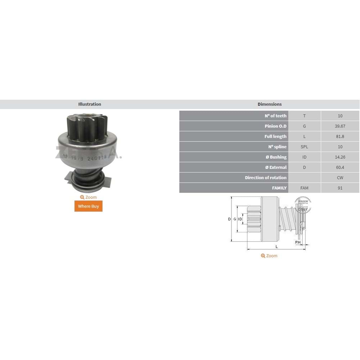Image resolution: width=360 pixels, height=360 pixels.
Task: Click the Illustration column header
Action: (x=90, y=104)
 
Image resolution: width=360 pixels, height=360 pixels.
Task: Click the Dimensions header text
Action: (x=269, y=104)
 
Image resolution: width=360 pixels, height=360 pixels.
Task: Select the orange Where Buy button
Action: (x=89, y=206)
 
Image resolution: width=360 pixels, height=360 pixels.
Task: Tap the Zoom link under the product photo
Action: (x=89, y=197)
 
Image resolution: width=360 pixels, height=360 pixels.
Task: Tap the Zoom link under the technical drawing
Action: (x=269, y=256)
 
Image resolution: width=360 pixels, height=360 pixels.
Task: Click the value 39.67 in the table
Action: (x=340, y=126)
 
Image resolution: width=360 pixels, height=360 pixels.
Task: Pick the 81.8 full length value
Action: (x=340, y=136)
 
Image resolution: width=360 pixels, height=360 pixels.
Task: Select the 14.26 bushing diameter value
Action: (x=340, y=157)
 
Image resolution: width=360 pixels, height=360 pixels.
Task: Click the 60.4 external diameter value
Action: (x=340, y=167)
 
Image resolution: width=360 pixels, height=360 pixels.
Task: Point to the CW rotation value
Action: (x=340, y=177)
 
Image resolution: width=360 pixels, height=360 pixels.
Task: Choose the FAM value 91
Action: (x=340, y=188)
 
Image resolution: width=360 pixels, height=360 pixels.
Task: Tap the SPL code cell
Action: (x=304, y=147)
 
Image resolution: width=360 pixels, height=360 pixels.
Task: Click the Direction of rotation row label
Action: (x=266, y=177)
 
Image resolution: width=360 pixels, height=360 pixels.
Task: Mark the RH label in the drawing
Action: (x=298, y=242)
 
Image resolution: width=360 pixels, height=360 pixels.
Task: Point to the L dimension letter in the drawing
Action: (x=276, y=247)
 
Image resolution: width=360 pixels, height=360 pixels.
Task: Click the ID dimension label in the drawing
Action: (x=240, y=219)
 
